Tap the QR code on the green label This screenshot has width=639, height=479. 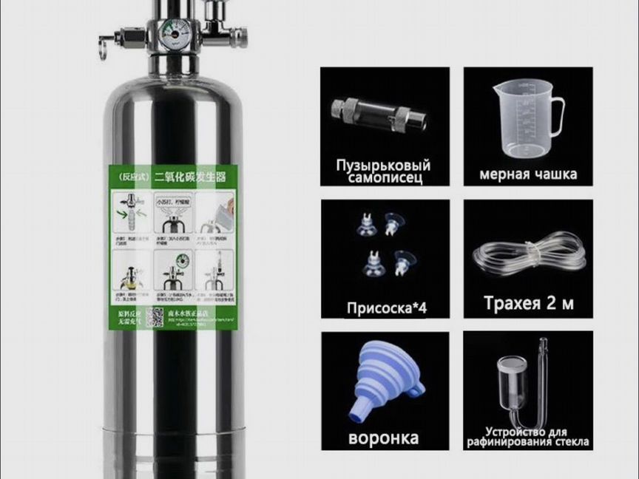pos(154,316)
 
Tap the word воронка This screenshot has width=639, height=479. pos(384,437)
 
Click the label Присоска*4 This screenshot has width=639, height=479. pos(387,306)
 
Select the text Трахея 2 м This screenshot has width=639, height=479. pos(529,303)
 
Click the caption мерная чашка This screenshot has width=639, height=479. pos(528,174)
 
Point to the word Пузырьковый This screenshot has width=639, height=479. pos(382,165)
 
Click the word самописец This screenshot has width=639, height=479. pos(383,178)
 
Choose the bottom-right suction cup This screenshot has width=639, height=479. pos(403,261)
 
